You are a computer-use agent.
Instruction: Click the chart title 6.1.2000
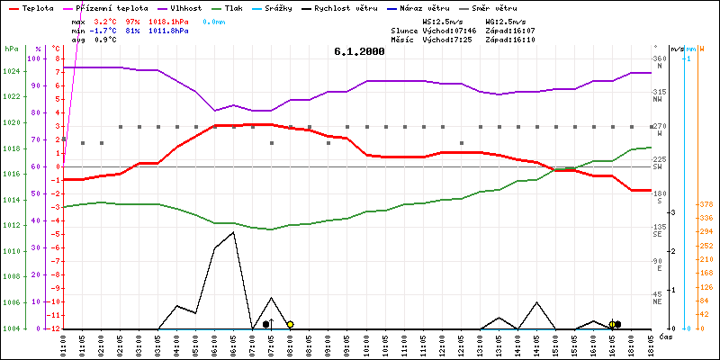[358, 51]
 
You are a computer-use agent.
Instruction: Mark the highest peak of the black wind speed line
[234, 232]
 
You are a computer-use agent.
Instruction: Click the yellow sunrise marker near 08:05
[290, 324]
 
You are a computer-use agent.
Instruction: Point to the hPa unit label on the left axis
[11, 49]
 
